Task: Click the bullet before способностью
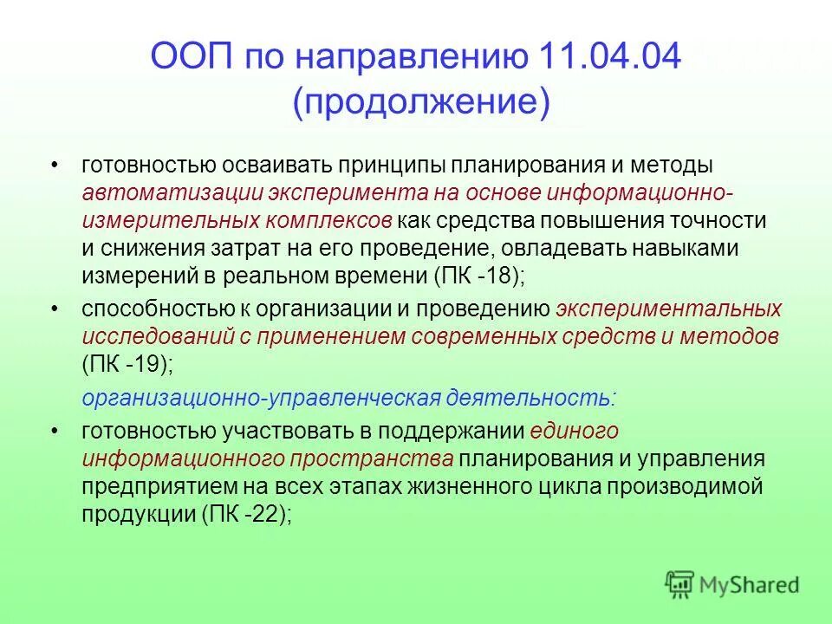point(55,309)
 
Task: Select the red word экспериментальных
point(669,309)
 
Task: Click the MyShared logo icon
point(680,585)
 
